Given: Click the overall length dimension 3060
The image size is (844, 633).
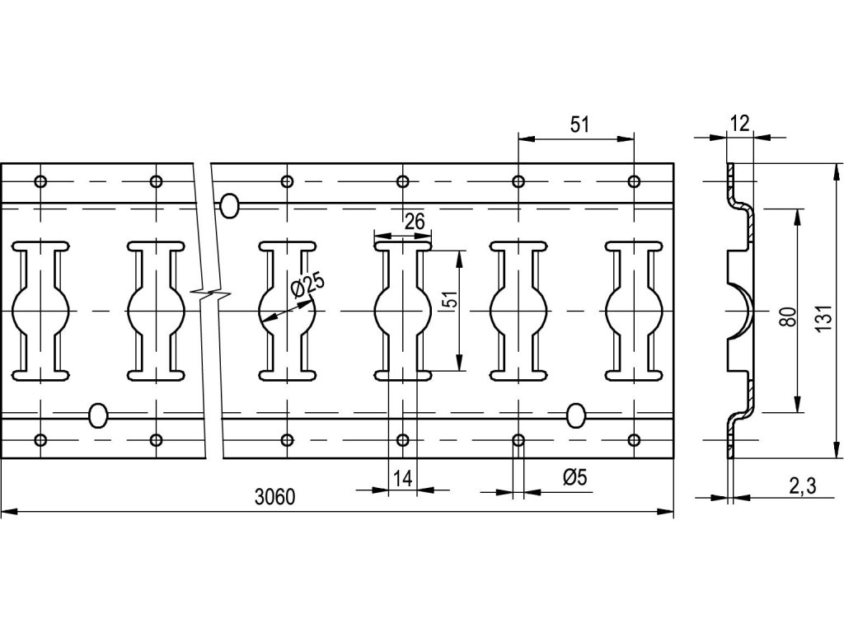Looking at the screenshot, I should coord(275,497).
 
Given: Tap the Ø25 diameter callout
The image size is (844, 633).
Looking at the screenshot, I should coord(307,285).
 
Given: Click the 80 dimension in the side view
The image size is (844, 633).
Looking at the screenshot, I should coord(786,316).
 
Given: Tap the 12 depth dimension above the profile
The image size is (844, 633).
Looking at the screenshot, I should coord(739,124).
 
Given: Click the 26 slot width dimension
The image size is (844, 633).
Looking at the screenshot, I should coord(414,221).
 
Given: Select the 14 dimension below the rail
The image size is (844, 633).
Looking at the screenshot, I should coord(402,477).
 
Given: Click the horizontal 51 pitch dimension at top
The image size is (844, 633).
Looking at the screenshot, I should coord(579,124).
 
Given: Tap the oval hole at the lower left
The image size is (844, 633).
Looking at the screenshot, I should coord(98,415).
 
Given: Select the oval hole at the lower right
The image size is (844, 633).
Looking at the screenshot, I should coord(576,415).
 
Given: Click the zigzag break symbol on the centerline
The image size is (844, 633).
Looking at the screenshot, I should coord(211,292).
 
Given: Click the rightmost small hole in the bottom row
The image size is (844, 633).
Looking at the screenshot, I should coord(634,438).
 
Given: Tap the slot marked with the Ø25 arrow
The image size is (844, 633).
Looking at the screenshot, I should coord(288,310).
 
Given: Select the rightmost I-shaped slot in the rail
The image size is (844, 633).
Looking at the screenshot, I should coord(634,310).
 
